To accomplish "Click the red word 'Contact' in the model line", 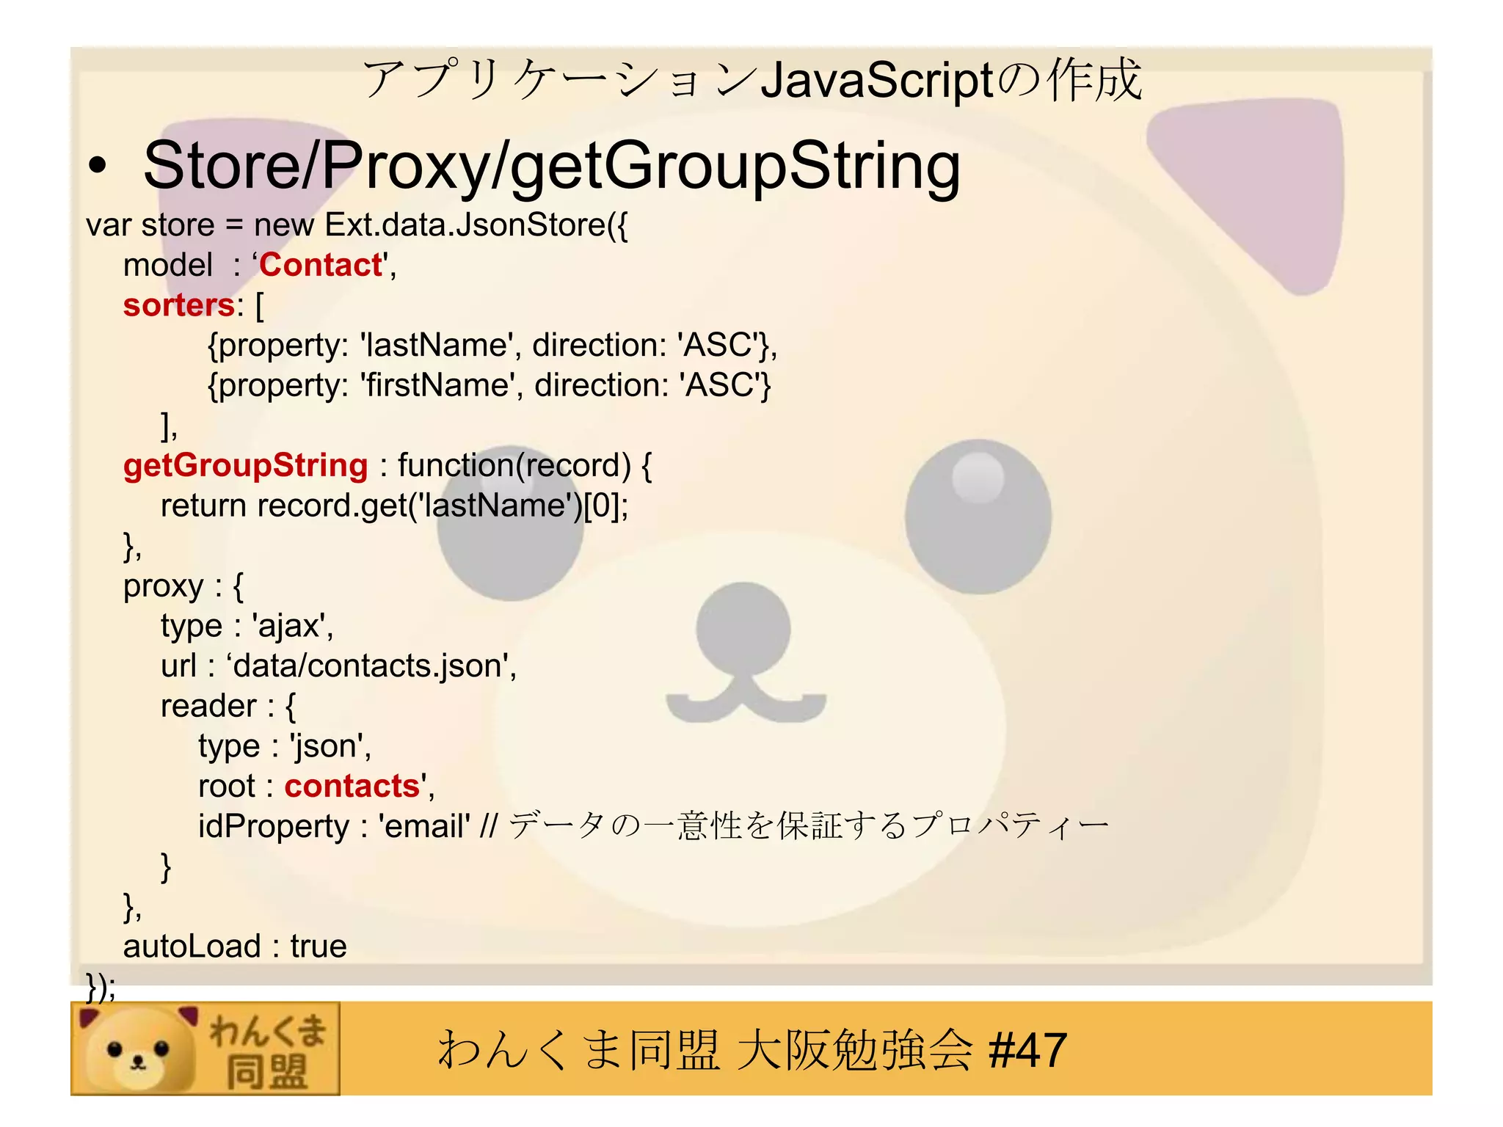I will pyautogui.click(x=321, y=266).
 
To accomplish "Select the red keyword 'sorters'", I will pyautogui.click(x=178, y=306).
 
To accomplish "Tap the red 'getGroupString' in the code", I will pyautogui.click(x=245, y=466).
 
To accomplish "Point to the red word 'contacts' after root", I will pyautogui.click(x=352, y=787).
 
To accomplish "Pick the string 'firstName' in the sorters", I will pyautogui.click(x=437, y=386).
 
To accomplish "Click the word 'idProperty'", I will pyautogui.click(x=273, y=827).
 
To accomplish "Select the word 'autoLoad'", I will pyautogui.click(x=192, y=947).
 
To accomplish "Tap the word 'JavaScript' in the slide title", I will pyautogui.click(x=877, y=81).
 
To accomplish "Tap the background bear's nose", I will pyautogui.click(x=743, y=627).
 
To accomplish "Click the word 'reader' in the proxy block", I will pyautogui.click(x=208, y=707).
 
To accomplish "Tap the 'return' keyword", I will pyautogui.click(x=203, y=506).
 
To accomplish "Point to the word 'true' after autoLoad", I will pyautogui.click(x=318, y=947).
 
